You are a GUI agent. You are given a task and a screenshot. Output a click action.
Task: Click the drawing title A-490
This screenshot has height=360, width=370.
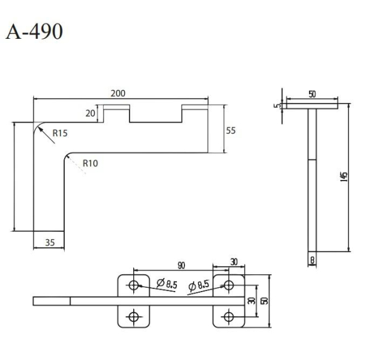(34, 31)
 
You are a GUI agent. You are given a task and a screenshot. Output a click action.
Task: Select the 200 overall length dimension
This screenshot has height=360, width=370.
(118, 93)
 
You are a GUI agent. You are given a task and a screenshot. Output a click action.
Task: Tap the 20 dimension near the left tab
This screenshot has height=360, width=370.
(91, 113)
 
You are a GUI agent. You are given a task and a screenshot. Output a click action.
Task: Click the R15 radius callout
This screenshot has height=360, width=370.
(60, 132)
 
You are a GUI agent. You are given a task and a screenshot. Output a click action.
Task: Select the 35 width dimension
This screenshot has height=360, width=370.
(49, 243)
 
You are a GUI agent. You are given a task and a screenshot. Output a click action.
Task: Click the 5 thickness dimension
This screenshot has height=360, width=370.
(279, 105)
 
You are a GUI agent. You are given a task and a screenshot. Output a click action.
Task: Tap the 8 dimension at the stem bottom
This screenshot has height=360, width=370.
(313, 260)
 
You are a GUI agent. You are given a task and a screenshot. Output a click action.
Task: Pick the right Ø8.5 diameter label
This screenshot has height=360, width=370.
(200, 285)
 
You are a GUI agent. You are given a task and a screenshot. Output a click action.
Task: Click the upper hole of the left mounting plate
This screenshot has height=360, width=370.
(133, 285)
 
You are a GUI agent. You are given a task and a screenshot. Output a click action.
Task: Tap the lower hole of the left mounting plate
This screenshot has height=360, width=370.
(133, 316)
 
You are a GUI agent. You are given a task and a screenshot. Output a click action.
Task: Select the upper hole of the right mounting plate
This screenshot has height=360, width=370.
(229, 285)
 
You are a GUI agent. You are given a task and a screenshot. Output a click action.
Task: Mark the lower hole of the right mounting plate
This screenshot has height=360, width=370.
(229, 316)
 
